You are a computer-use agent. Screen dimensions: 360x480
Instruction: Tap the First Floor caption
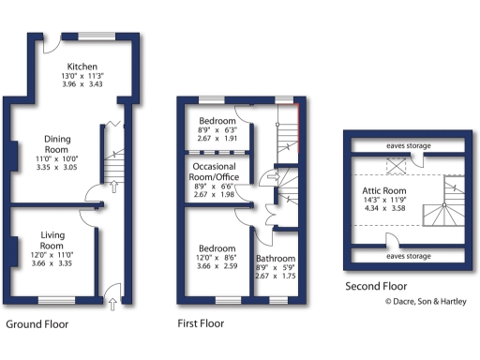coord(202,325)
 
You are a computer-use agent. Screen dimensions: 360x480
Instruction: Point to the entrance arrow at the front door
coord(112,302)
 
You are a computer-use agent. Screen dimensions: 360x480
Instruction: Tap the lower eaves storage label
coord(407,255)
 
